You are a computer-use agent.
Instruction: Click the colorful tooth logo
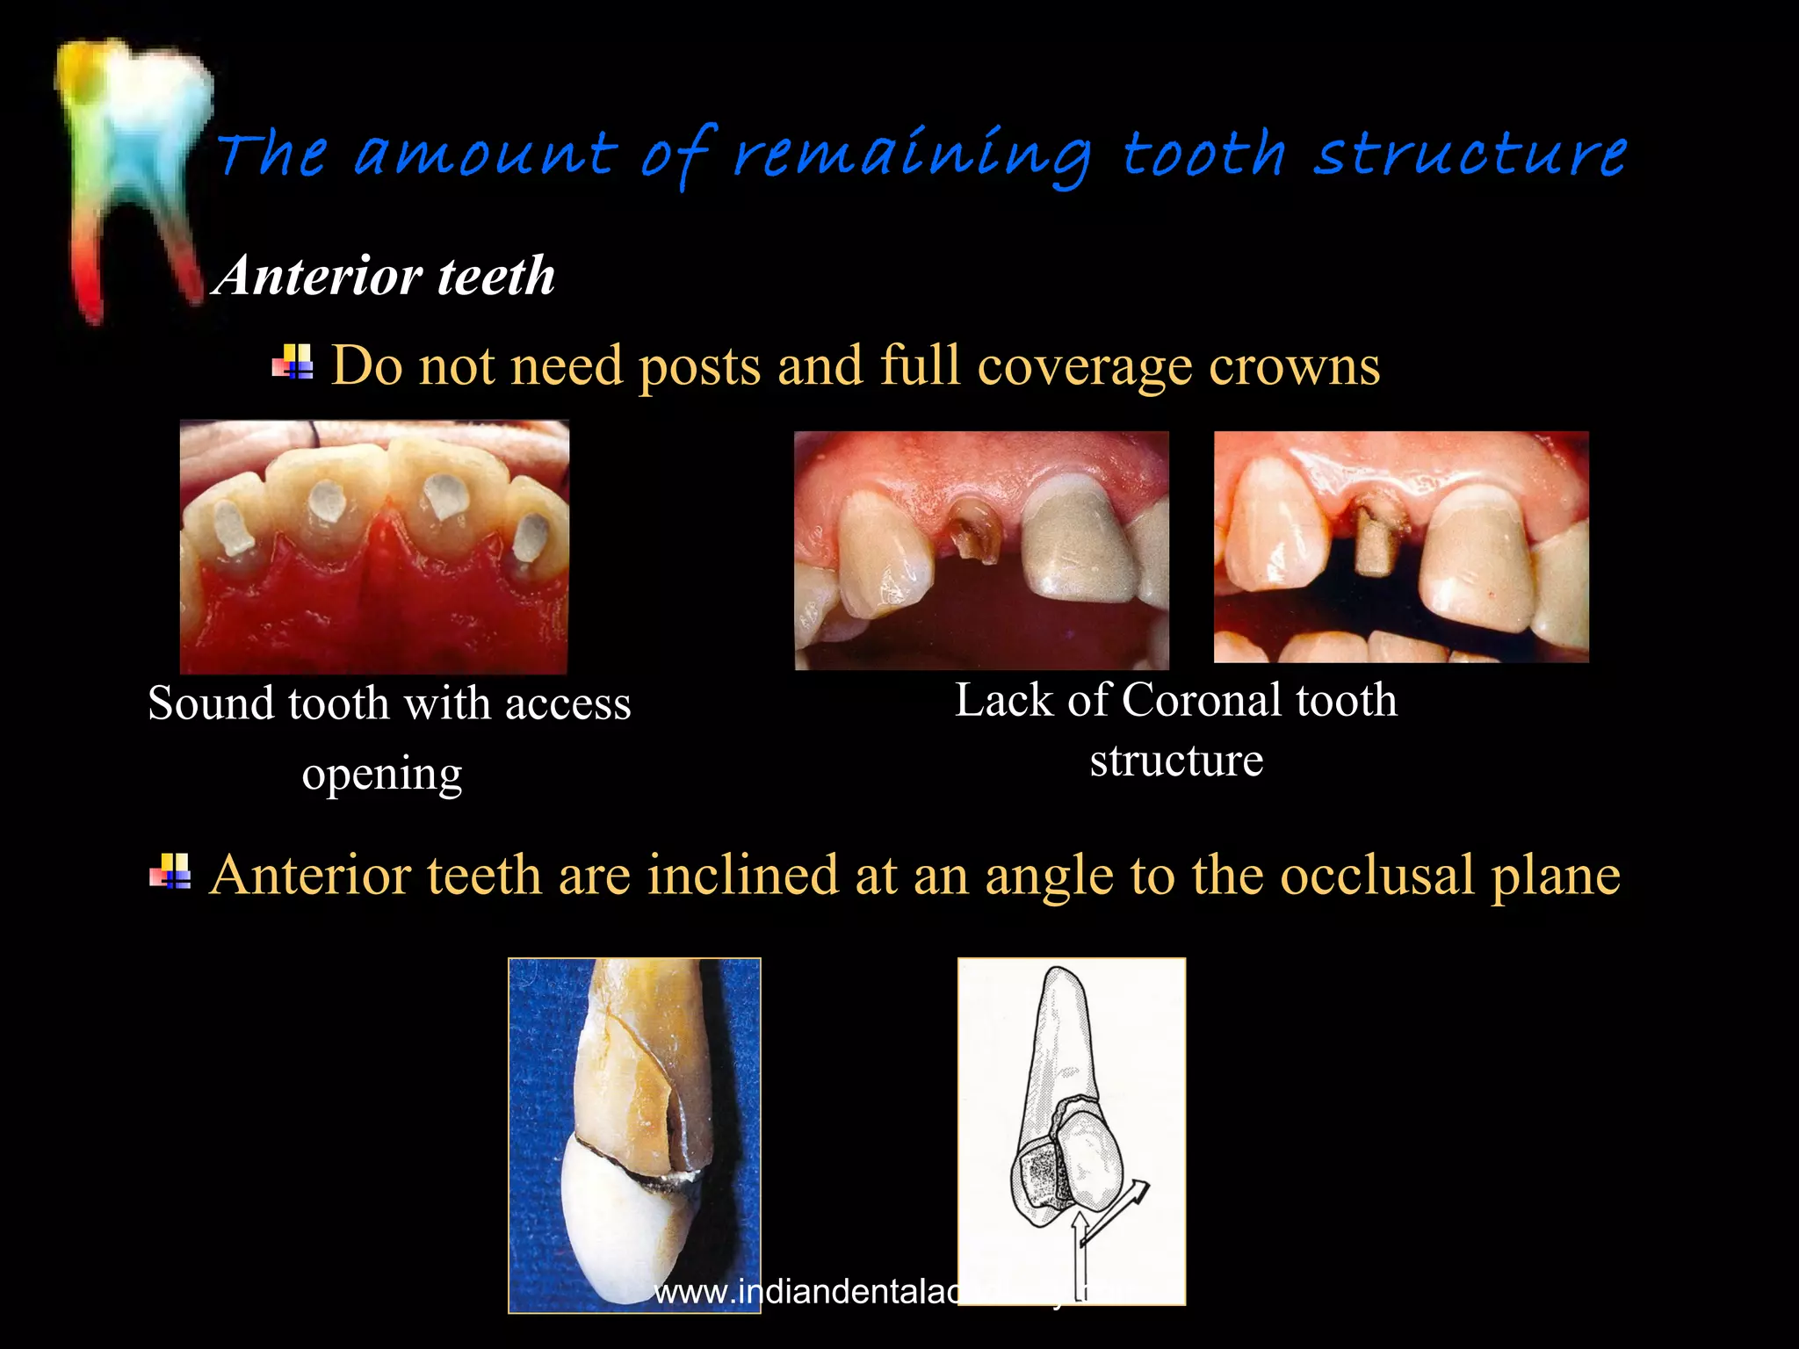coord(132,176)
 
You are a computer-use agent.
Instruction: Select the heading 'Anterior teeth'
coord(385,276)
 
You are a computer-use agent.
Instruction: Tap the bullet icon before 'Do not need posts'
coord(293,361)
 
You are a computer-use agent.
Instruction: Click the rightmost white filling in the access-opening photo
coord(531,537)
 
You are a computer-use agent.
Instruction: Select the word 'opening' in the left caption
coord(382,775)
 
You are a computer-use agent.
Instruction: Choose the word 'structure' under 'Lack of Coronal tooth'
coord(1176,760)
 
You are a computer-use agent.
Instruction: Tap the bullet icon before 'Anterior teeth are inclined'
coord(170,872)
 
